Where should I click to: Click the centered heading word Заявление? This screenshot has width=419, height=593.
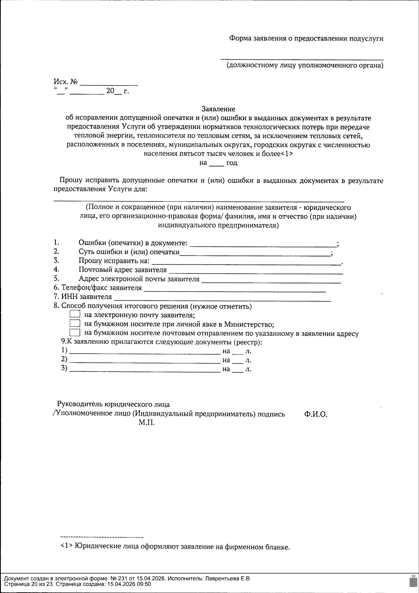coord(218,109)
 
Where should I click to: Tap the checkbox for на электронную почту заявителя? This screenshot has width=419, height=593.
coord(75,315)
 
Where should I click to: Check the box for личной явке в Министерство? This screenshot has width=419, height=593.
coord(75,324)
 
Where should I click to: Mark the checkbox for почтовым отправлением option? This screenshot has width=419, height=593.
coord(75,333)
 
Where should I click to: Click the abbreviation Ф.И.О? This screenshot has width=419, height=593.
coord(316,414)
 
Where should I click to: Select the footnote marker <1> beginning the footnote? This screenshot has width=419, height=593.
coord(66,546)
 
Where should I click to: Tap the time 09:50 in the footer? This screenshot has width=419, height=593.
coord(145,584)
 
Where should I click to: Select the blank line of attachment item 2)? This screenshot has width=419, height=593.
coord(144,361)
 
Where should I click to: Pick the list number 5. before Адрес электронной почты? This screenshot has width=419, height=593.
coord(57,279)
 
